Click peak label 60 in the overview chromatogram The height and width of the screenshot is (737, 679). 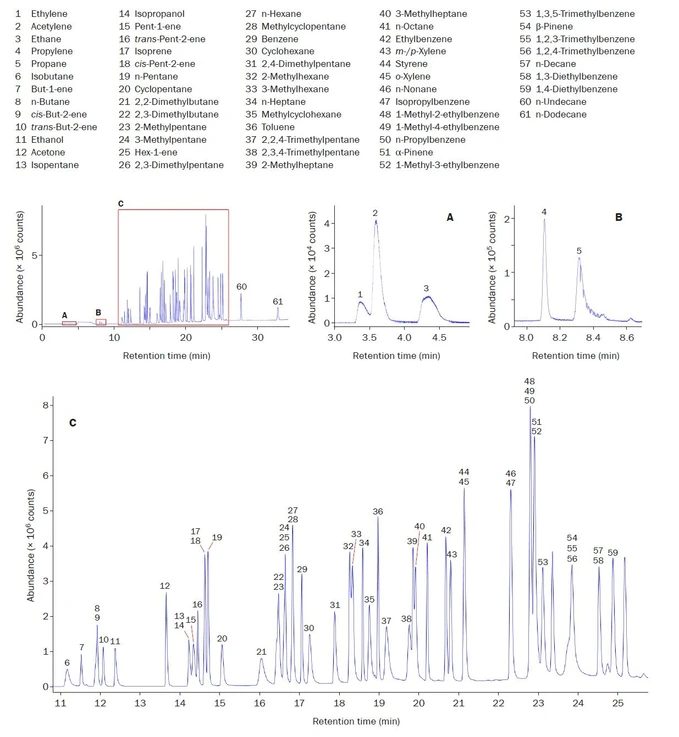click(241, 287)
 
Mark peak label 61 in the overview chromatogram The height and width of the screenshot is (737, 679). click(277, 301)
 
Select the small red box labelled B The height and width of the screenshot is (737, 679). click(100, 322)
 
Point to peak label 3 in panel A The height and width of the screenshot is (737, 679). click(426, 288)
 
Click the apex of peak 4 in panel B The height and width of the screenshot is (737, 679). click(544, 220)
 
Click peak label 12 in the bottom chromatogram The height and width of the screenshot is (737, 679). click(165, 586)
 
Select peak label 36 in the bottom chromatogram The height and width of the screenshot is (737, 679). click(378, 511)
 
